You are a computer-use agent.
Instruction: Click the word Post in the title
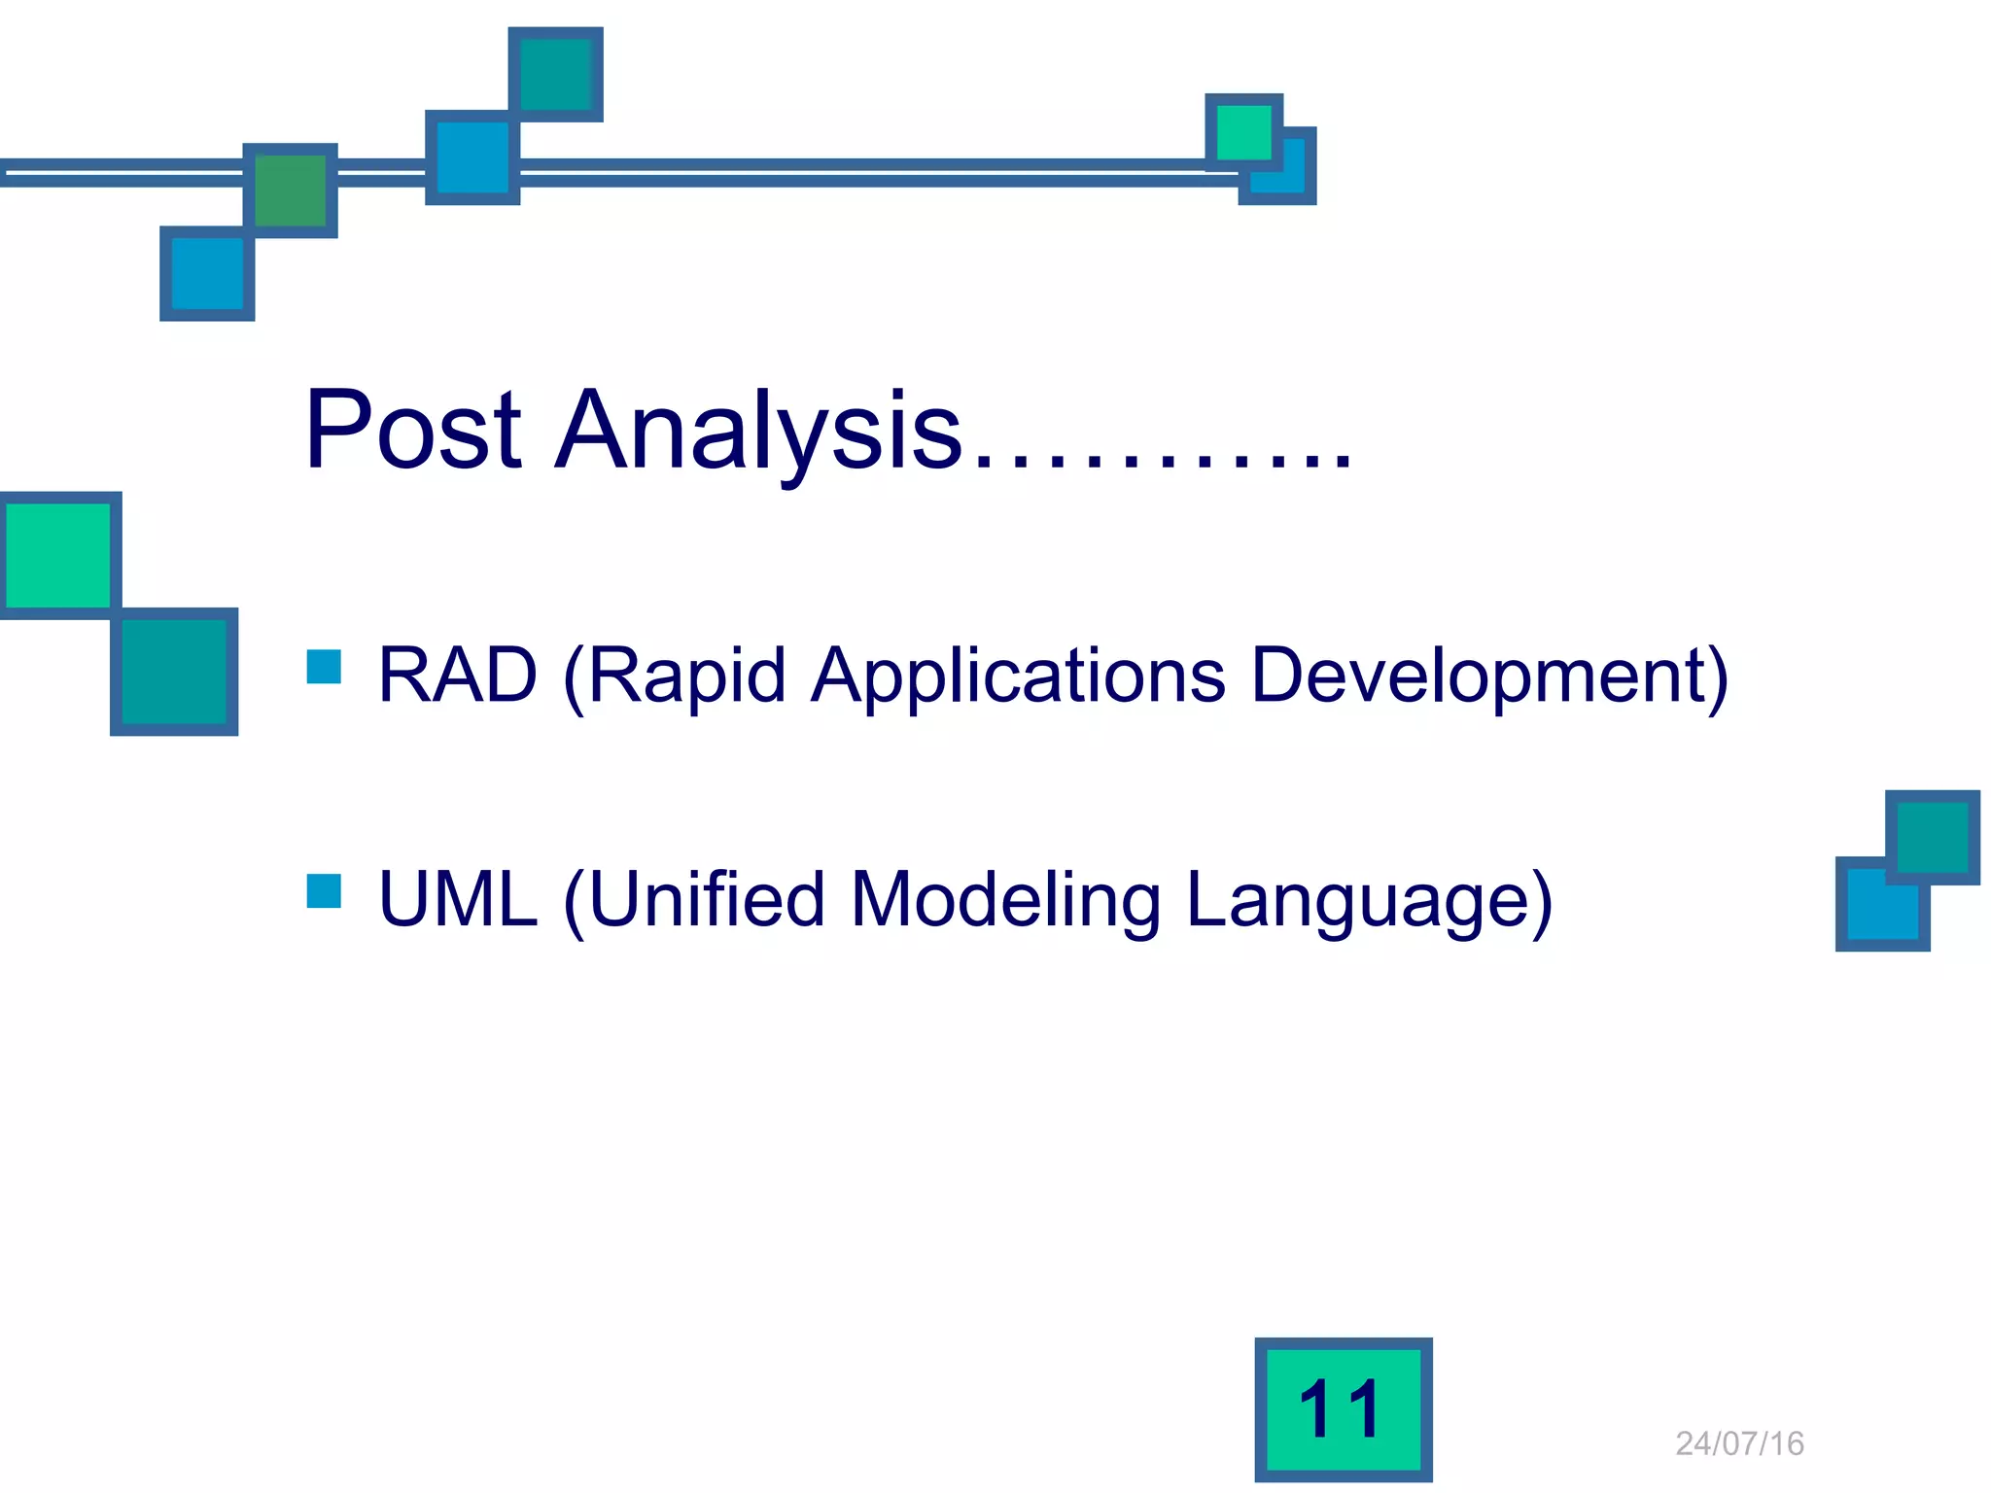coord(412,431)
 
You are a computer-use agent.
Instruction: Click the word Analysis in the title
coord(758,431)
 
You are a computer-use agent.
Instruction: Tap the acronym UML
coord(457,899)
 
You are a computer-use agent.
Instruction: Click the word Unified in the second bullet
coord(706,899)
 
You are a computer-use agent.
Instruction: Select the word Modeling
coord(1005,899)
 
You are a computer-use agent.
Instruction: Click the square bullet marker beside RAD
coord(324,667)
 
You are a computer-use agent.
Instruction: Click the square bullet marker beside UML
coord(324,890)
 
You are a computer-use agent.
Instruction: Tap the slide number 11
coord(1343,1409)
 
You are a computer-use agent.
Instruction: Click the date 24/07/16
coord(1739,1443)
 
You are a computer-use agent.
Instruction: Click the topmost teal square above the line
coord(556,75)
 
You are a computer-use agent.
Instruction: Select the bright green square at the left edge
coord(58,554)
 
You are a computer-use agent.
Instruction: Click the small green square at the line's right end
coord(1243,132)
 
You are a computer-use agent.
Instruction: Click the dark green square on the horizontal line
coord(290,191)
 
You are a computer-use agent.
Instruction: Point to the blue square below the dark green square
coord(207,274)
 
